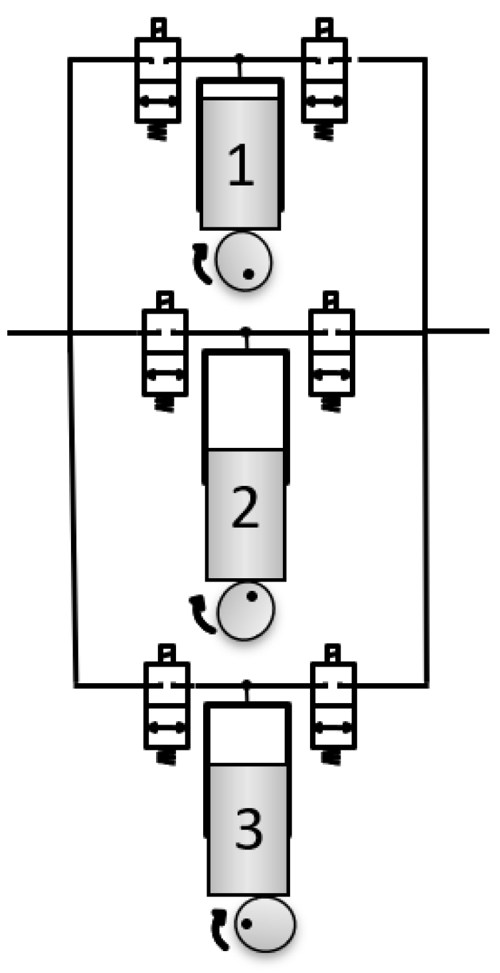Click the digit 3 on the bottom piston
pyautogui.click(x=248, y=830)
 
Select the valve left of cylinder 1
pyautogui.click(x=157, y=80)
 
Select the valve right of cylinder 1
pyautogui.click(x=323, y=80)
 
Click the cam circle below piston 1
pyautogui.click(x=244, y=261)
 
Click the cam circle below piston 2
pyautogui.click(x=246, y=610)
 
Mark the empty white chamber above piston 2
pyautogui.click(x=245, y=400)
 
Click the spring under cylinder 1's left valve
pyautogui.click(x=157, y=130)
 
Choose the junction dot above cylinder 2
pyautogui.click(x=246, y=330)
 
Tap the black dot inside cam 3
pyautogui.click(x=246, y=923)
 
